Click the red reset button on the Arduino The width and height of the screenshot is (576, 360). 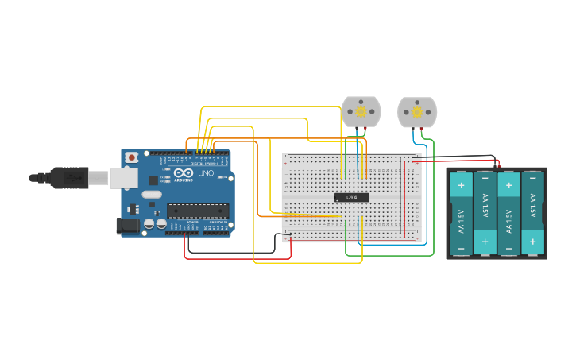click(132, 157)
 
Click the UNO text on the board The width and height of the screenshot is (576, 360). click(206, 172)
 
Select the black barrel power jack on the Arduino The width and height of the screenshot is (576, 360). click(126, 226)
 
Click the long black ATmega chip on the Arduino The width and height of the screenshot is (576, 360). click(197, 211)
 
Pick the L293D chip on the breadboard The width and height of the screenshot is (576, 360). click(351, 197)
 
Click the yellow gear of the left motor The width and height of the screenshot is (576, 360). click(361, 112)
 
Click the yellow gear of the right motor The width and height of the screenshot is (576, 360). click(417, 112)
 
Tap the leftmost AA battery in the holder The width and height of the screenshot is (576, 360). click(462, 213)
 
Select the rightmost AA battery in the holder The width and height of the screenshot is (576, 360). click(532, 213)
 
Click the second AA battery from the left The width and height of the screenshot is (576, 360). click(485, 213)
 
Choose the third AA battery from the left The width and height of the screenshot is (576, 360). click(509, 213)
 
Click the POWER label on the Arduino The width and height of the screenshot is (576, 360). click(192, 222)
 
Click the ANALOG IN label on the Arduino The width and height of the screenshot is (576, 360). click(217, 222)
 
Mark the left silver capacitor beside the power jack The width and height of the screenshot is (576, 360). click(149, 225)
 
